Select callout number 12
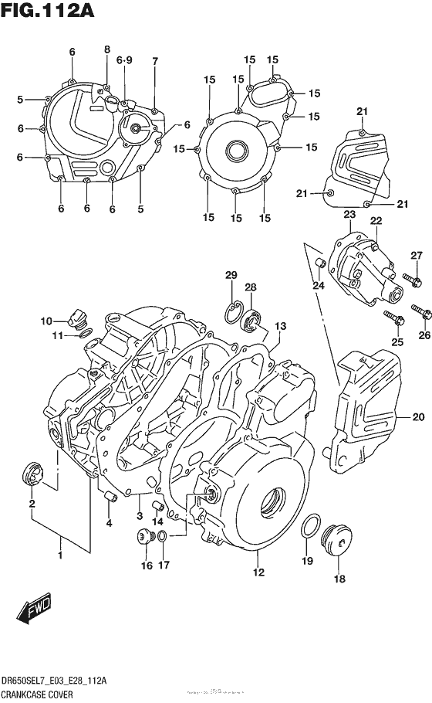[x=258, y=572]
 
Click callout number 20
[x=418, y=418]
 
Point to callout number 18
[x=340, y=580]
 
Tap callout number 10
[x=46, y=321]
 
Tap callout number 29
[x=230, y=276]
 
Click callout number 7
[x=154, y=61]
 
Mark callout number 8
[x=107, y=50]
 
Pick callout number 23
[x=349, y=214]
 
